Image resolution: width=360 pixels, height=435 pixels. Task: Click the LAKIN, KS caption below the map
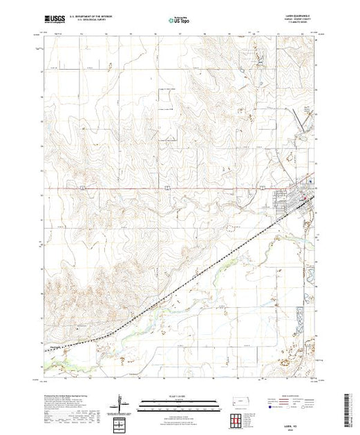(296, 422)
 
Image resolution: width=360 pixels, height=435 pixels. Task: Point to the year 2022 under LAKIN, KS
(296, 426)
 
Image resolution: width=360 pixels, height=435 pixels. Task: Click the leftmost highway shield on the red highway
(81, 186)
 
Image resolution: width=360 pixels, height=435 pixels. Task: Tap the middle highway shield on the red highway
(168, 186)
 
